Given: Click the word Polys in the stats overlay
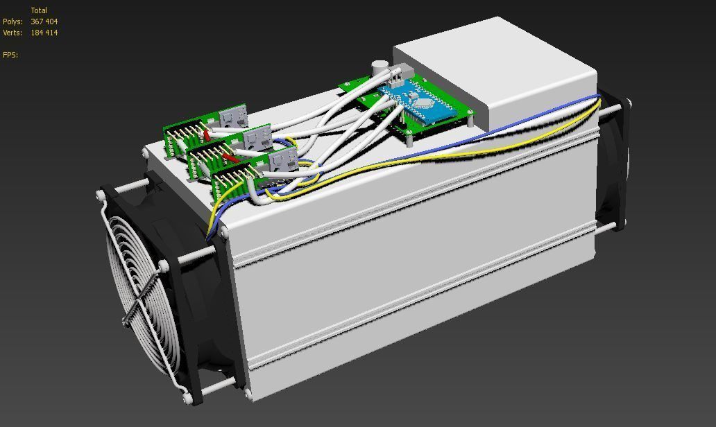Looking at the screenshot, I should [12, 22].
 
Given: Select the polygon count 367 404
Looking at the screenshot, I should [44, 22].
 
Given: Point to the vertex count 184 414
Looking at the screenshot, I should [44, 33].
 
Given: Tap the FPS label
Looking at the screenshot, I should [10, 55].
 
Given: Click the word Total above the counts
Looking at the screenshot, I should [39, 11].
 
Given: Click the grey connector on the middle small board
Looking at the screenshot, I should [256, 138].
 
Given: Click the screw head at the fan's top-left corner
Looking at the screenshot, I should [103, 197].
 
